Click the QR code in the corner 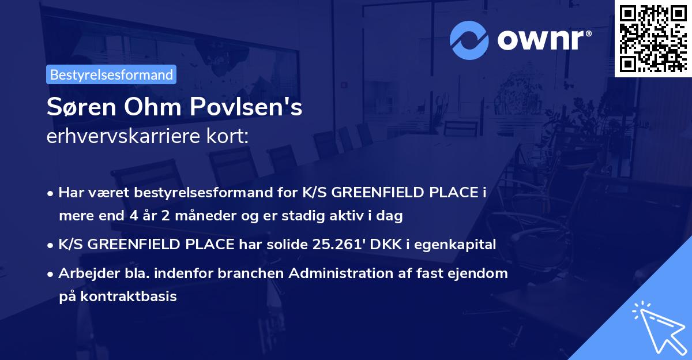click(x=653, y=38)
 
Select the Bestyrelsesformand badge click(x=111, y=74)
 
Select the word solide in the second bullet click(x=291, y=245)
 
